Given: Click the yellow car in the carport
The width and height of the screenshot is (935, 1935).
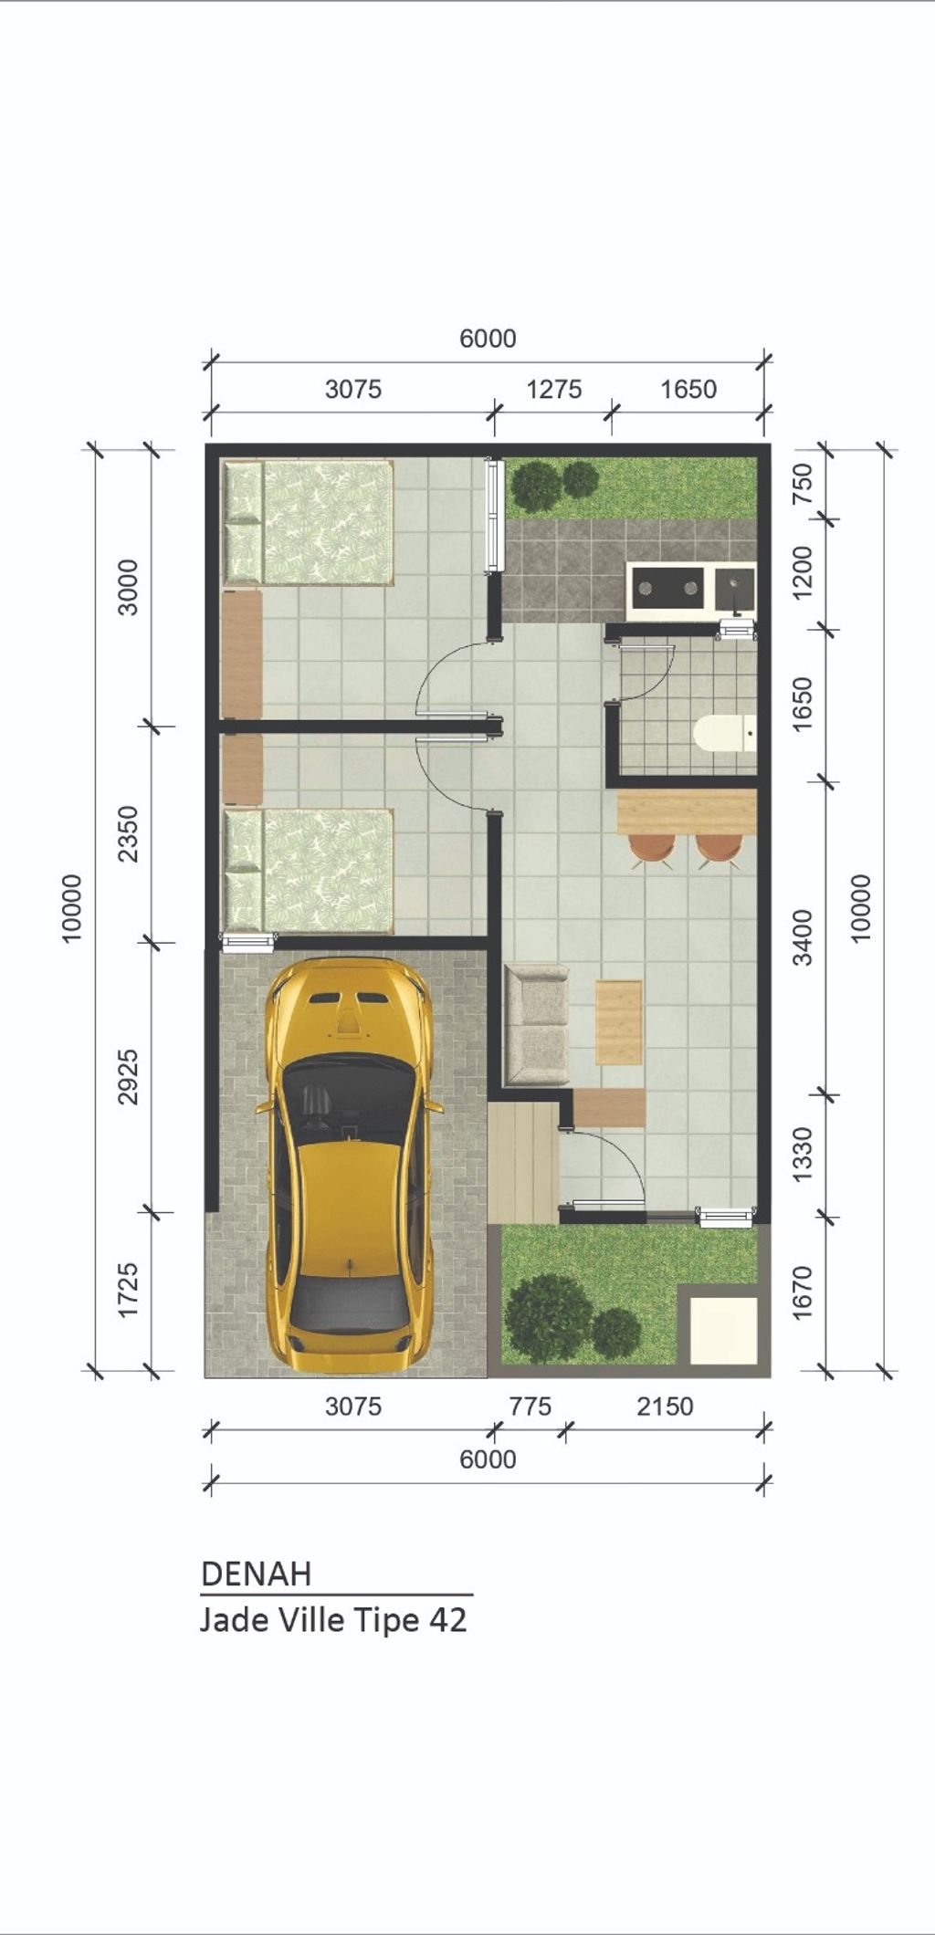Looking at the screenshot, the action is coord(348,1166).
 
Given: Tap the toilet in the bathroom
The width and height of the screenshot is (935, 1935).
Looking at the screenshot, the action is coord(724,733).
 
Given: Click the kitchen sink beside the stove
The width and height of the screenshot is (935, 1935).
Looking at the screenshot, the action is coord(735,589).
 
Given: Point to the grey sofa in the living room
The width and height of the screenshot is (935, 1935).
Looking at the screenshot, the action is coord(537,1024).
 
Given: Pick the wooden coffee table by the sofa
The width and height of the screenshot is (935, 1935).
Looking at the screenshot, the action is coord(619,1022).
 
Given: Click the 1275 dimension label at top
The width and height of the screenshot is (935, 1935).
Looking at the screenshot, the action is coord(553,390).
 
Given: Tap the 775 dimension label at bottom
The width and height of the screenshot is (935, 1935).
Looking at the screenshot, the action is coord(531,1407).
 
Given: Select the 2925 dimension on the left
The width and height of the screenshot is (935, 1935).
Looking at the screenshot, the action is coord(128,1077).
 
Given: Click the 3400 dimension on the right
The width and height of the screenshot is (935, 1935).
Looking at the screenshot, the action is coord(803,937).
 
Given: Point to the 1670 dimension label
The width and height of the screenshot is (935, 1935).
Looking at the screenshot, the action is coord(803,1292).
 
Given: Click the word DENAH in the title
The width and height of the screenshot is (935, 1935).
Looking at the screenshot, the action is coord(257,1574).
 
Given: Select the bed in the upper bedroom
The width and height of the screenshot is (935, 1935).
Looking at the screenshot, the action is coord(310,522).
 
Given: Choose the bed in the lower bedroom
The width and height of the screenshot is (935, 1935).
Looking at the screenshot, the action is coord(310,871).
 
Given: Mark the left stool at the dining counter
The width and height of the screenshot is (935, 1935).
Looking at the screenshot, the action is coord(652,850).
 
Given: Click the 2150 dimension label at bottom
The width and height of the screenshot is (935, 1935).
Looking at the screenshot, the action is coord(665,1407).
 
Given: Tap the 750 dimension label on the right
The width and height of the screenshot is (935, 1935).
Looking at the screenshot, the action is coord(803,484).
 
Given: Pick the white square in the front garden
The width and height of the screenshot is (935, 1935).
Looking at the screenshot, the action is coord(723,1330).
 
